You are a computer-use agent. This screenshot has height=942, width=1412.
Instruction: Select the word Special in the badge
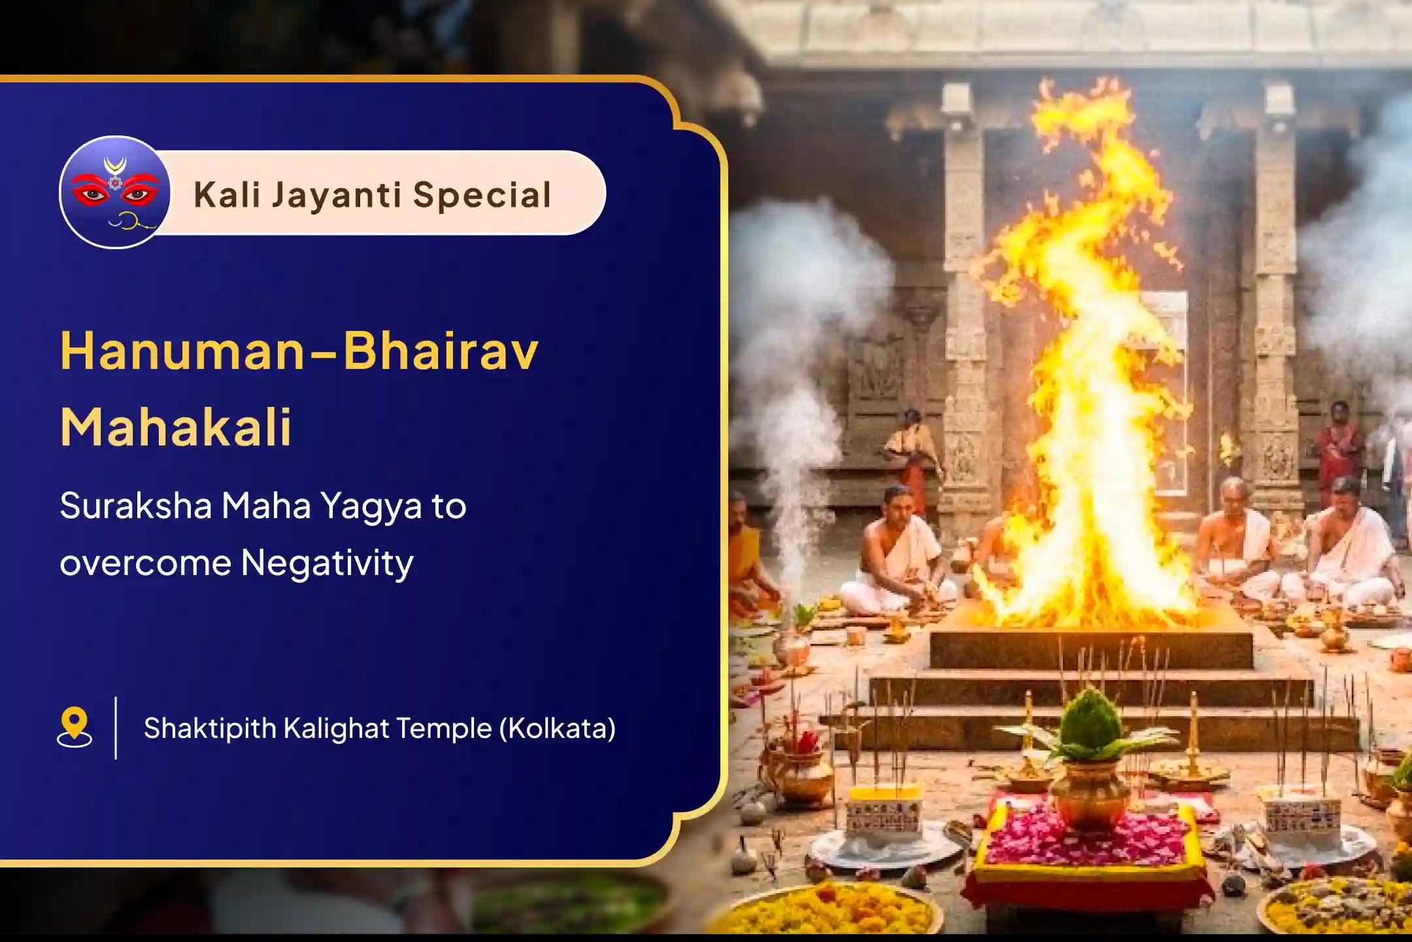tap(482, 195)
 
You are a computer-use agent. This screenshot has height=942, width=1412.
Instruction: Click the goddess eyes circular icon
tap(115, 192)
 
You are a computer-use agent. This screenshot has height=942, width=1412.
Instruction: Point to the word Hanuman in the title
tap(182, 351)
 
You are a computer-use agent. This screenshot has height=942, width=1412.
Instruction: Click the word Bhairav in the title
tap(441, 351)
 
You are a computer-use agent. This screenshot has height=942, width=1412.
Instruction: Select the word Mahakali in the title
tap(176, 427)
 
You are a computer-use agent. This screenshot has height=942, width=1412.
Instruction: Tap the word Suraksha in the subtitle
tap(135, 506)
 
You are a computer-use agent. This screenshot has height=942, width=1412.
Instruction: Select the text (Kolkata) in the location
tap(557, 728)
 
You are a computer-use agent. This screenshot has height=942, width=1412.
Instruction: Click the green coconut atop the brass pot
tap(1088, 726)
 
